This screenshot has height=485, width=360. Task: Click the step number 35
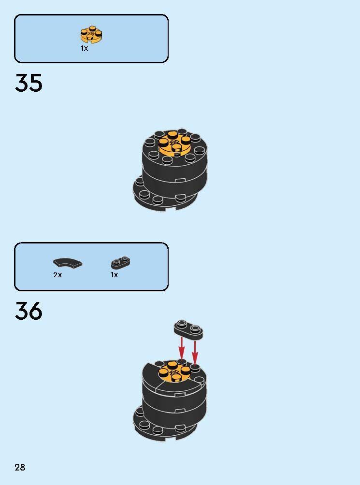point(29,83)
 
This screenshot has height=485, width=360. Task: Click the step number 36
point(29,311)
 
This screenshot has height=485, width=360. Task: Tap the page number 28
point(20,467)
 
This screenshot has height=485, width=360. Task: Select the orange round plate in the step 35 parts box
point(91,34)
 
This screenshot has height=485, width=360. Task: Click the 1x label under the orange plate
point(84,48)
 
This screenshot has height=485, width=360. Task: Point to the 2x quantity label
point(58,275)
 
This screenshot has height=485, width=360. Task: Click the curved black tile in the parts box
point(68,263)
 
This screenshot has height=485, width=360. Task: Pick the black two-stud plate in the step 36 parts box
point(121,263)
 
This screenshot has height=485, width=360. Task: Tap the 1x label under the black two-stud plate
point(114,275)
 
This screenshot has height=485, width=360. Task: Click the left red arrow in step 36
point(182,348)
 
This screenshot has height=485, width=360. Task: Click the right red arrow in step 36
point(195,352)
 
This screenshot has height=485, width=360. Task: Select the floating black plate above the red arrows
point(188,330)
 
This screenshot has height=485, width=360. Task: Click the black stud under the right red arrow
point(195,368)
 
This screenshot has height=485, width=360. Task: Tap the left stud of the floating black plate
point(182,324)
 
